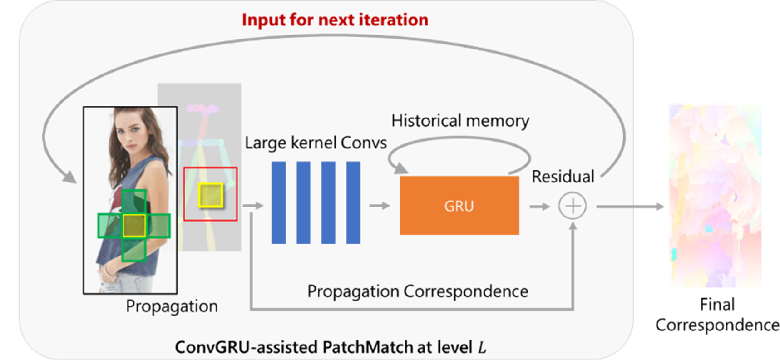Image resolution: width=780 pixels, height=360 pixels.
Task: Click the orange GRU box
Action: pyautogui.click(x=459, y=206)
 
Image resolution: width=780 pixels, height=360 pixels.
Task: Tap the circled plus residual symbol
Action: pyautogui.click(x=572, y=206)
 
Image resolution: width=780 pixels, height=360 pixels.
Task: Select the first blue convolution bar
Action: pyautogui.click(x=278, y=202)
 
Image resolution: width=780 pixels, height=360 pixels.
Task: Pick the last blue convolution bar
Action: pyautogui.click(x=353, y=202)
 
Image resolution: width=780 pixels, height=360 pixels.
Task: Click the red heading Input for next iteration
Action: pyautogui.click(x=335, y=20)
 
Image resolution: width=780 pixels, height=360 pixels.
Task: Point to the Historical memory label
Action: pyautogui.click(x=460, y=121)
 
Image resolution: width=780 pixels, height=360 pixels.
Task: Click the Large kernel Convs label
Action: pyautogui.click(x=316, y=143)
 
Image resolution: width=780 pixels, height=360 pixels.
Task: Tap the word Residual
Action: pyautogui.click(x=563, y=177)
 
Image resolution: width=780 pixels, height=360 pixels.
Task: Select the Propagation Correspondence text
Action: pyautogui.click(x=417, y=291)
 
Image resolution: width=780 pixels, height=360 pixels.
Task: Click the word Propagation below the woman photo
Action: pyautogui.click(x=172, y=306)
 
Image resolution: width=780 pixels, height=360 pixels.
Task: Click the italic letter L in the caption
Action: pyautogui.click(x=482, y=348)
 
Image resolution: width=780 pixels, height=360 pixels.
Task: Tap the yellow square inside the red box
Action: pyautogui.click(x=210, y=195)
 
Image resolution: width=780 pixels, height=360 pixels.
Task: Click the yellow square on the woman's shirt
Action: pyautogui.click(x=134, y=226)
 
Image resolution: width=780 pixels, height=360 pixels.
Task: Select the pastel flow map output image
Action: pyautogui.click(x=715, y=195)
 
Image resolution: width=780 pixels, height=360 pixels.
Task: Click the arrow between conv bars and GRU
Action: pyautogui.click(x=380, y=206)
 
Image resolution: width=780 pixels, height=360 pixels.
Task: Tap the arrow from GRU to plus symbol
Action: pyautogui.click(x=539, y=207)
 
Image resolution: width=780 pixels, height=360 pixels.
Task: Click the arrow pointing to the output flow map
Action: pyautogui.click(x=631, y=207)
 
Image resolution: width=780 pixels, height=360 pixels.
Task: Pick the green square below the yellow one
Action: pyautogui.click(x=134, y=249)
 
